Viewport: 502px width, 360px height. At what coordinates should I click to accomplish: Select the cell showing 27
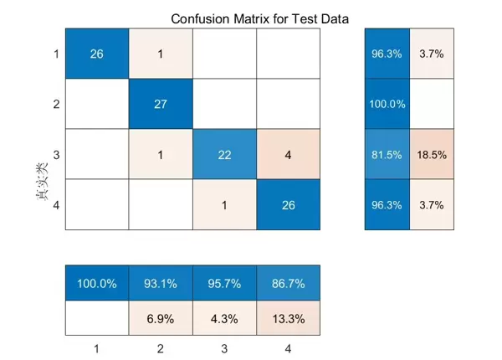click(x=160, y=104)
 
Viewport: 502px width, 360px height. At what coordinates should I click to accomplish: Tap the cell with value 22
click(x=224, y=154)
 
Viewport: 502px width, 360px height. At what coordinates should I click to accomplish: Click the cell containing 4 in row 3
click(x=289, y=154)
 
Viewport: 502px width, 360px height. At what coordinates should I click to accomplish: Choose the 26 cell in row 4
click(x=289, y=204)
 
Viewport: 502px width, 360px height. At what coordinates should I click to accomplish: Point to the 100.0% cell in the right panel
click(x=387, y=104)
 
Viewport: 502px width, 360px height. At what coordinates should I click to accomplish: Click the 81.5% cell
click(x=387, y=154)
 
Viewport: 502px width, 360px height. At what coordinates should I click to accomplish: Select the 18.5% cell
click(x=432, y=154)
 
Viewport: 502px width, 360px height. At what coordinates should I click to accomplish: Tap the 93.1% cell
click(x=160, y=283)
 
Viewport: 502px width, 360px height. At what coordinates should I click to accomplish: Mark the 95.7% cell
click(x=224, y=283)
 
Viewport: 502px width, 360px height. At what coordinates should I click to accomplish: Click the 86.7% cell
click(x=289, y=283)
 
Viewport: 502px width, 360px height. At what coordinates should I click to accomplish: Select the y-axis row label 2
click(x=55, y=104)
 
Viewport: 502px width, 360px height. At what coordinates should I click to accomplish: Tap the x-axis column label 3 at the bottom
click(x=224, y=345)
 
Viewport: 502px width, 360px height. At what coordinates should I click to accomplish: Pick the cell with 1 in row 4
click(x=224, y=204)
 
